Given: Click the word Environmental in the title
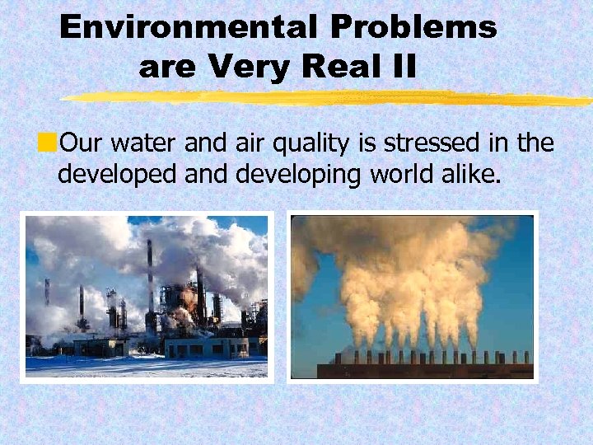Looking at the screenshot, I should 189,28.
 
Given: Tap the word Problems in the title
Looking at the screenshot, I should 413,28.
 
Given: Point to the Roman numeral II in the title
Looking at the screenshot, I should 402,66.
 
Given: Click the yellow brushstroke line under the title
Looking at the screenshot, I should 329,98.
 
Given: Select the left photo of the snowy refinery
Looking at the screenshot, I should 147,297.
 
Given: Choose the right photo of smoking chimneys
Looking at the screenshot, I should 413,297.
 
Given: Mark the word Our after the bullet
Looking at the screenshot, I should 79,143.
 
